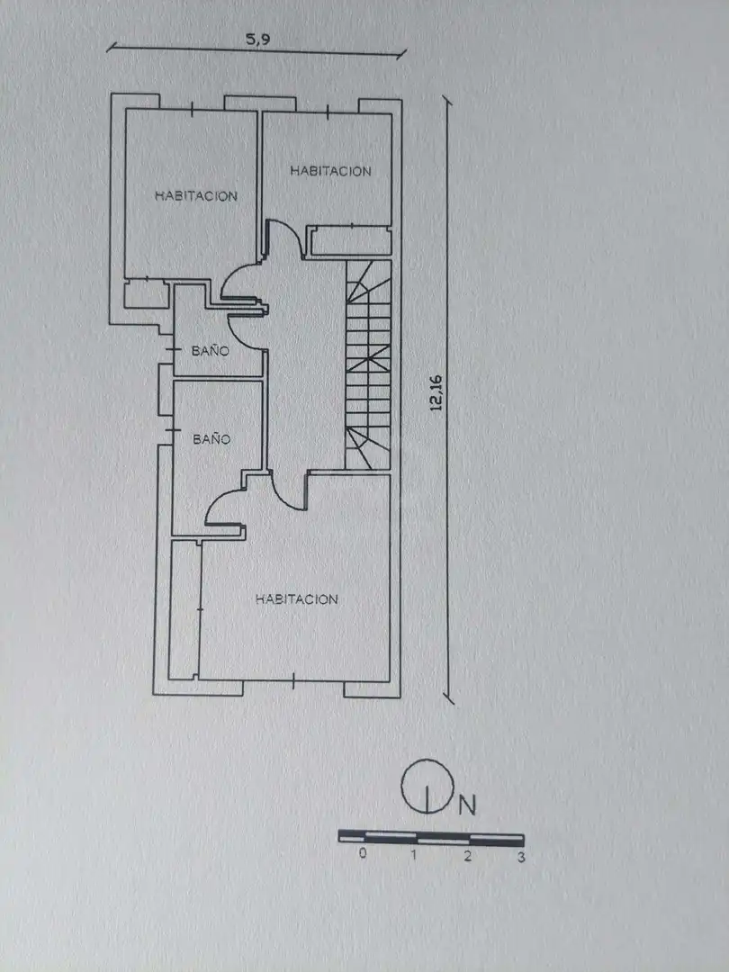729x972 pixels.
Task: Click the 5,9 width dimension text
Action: [258, 40]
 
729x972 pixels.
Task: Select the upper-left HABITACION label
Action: [196, 196]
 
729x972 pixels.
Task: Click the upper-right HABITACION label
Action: [330, 170]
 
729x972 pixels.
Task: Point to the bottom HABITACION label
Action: [296, 598]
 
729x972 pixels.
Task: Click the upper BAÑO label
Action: [210, 350]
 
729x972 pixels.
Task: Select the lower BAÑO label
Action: [211, 438]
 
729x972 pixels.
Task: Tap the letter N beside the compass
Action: [467, 805]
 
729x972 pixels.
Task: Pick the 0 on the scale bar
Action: [363, 853]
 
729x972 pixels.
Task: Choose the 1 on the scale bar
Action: [413, 855]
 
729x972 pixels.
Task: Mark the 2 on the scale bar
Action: [467, 856]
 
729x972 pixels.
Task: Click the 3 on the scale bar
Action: [521, 858]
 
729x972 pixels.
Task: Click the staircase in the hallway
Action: [368, 364]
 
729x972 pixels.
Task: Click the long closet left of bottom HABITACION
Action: [184, 610]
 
